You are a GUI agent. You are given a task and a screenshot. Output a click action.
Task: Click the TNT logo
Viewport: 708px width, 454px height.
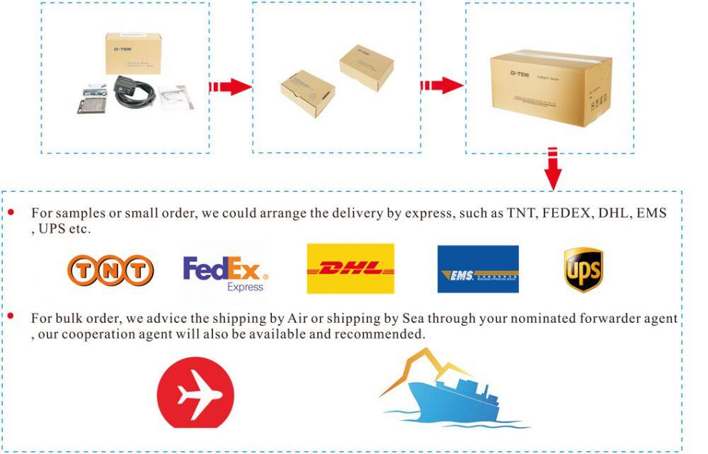click(x=110, y=270)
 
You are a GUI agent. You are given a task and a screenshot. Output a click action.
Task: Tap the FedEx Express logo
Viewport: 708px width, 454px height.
click(x=225, y=273)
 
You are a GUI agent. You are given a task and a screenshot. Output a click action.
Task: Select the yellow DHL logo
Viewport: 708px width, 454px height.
click(x=350, y=268)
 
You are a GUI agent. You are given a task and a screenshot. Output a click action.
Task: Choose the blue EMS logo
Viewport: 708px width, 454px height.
click(x=478, y=269)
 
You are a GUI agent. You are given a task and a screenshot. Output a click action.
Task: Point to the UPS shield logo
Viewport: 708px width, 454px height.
click(x=583, y=270)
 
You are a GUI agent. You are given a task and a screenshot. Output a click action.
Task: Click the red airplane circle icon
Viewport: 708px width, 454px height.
click(x=195, y=393)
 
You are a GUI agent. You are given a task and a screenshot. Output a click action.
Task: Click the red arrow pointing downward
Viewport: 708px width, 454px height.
click(x=553, y=169)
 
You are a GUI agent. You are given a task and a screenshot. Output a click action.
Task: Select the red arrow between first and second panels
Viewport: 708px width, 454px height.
click(x=231, y=86)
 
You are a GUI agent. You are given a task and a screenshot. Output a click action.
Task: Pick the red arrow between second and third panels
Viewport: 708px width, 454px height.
click(x=442, y=86)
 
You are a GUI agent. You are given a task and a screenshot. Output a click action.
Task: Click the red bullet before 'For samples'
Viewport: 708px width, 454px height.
click(x=11, y=212)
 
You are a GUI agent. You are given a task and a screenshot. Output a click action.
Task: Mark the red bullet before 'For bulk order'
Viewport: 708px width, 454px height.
click(x=11, y=314)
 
